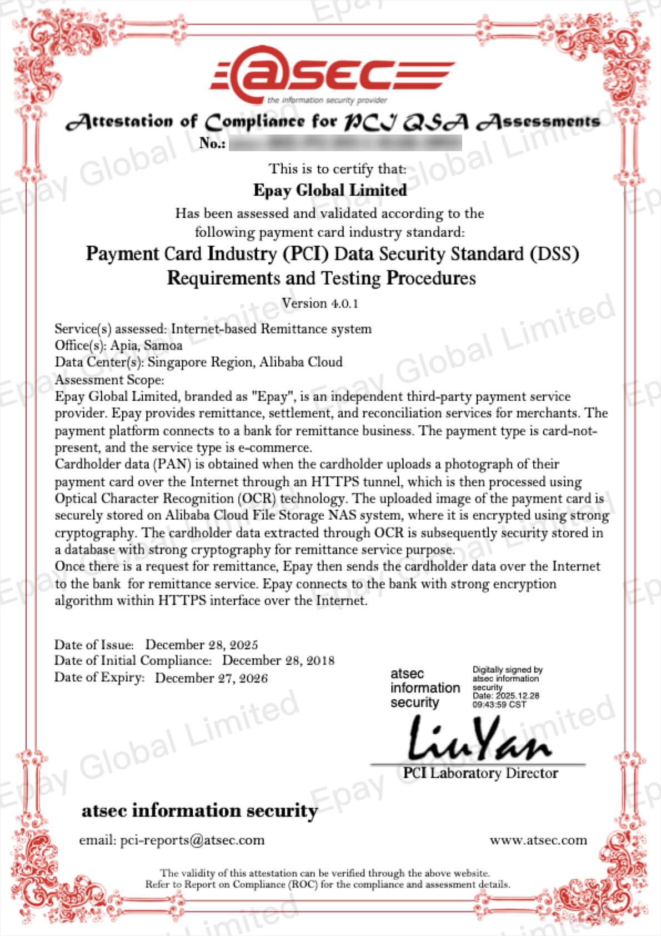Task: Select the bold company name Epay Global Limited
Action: click(330, 190)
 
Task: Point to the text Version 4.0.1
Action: click(320, 303)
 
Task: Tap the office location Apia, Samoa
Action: click(146, 345)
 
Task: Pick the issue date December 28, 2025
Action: click(202, 645)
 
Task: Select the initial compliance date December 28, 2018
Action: click(278, 660)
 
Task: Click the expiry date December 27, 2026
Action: click(211, 678)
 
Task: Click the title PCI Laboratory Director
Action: click(480, 773)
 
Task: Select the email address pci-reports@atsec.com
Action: click(192, 840)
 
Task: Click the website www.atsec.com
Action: click(538, 840)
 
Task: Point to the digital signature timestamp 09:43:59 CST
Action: click(499, 704)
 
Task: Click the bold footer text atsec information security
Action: click(199, 810)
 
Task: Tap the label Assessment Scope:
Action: click(109, 380)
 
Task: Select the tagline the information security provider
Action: click(327, 101)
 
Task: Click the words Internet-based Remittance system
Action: click(271, 328)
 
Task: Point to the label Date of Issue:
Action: click(94, 645)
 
